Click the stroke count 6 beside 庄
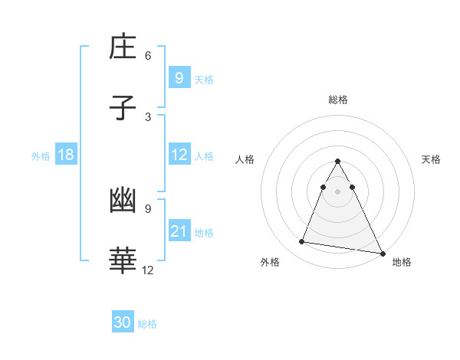click(148, 56)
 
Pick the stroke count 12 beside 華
click(148, 270)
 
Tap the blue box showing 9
click(179, 77)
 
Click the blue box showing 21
click(179, 231)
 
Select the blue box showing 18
click(66, 155)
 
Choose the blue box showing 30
click(123, 322)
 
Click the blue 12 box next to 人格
click(179, 155)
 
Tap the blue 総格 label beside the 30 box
click(147, 324)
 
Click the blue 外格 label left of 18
click(41, 156)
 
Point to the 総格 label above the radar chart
click(338, 100)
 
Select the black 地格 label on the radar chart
click(402, 262)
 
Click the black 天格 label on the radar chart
click(432, 159)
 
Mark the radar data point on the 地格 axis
click(382, 253)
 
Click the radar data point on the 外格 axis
click(302, 242)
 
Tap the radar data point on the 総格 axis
click(338, 162)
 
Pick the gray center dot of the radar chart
click(338, 191)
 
